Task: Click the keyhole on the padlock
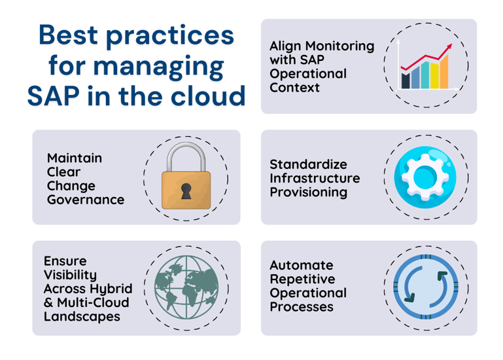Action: point(186,190)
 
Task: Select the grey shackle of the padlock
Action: point(186,158)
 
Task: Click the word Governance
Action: point(86,200)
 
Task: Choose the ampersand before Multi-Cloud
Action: point(48,303)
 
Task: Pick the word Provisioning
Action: point(309,192)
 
